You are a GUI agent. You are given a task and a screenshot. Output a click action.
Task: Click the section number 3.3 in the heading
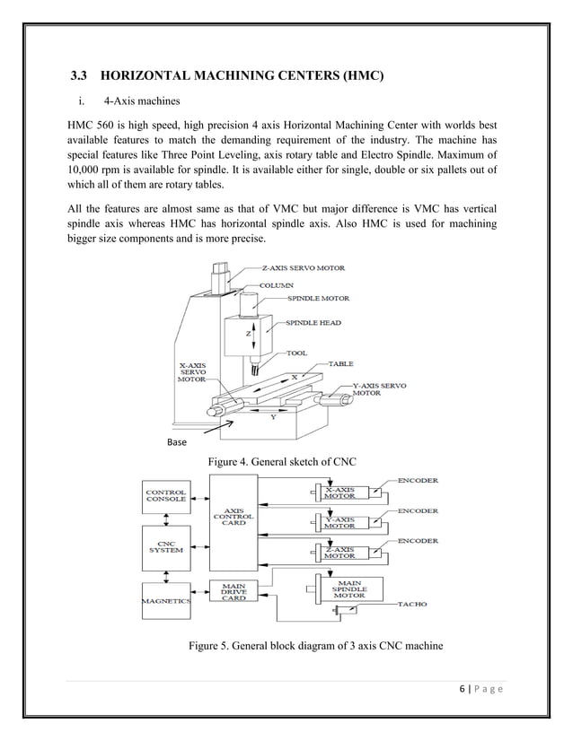coord(81,78)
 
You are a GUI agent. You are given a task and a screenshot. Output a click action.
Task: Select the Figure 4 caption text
coord(282,461)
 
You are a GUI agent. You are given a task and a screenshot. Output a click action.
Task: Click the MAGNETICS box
coord(165,603)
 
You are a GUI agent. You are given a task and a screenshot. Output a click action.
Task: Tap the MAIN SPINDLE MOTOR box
coord(349,588)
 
